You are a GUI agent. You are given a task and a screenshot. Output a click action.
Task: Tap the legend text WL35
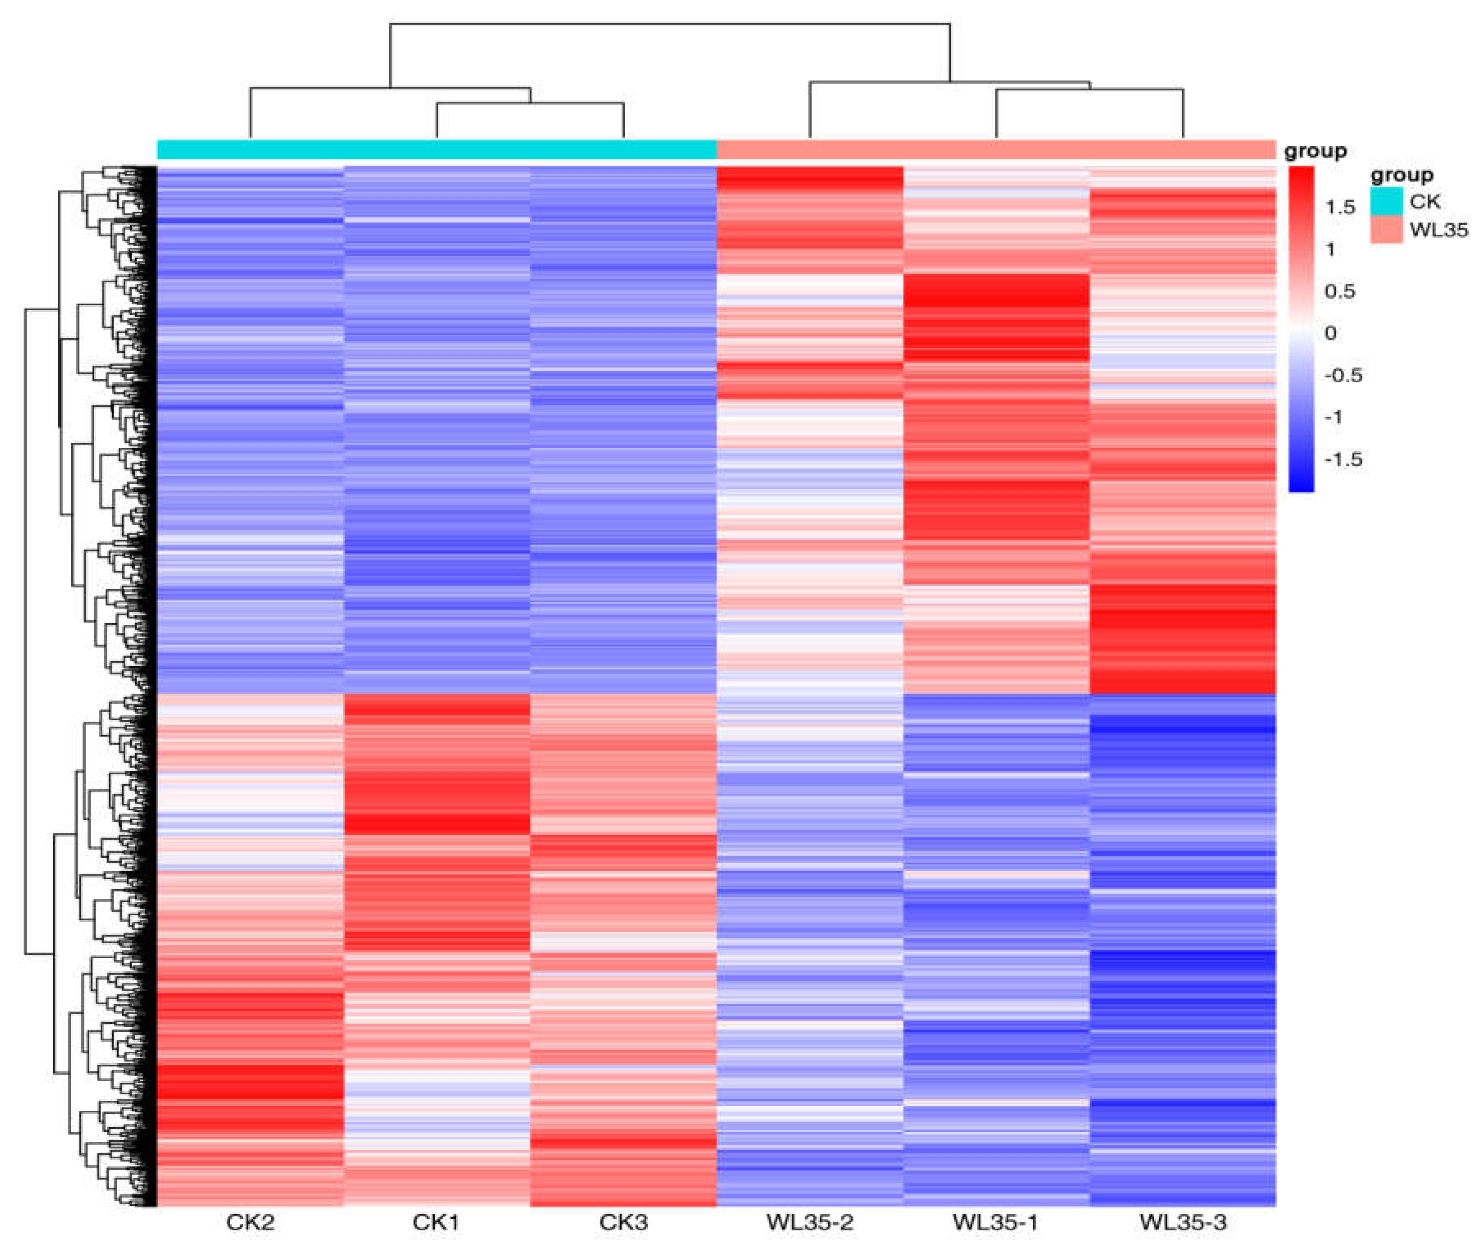[x=1438, y=229]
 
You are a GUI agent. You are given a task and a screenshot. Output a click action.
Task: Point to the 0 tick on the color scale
[x=1330, y=333]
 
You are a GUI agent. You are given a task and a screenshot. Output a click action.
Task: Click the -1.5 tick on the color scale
[x=1342, y=459]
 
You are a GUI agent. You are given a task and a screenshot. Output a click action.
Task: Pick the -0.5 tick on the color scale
[x=1342, y=376]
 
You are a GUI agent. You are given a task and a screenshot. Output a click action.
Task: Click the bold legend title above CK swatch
[x=1401, y=174]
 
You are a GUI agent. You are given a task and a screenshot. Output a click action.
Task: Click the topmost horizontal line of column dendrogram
[x=669, y=24]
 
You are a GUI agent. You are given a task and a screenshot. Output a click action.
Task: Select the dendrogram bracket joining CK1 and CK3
[x=530, y=104]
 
